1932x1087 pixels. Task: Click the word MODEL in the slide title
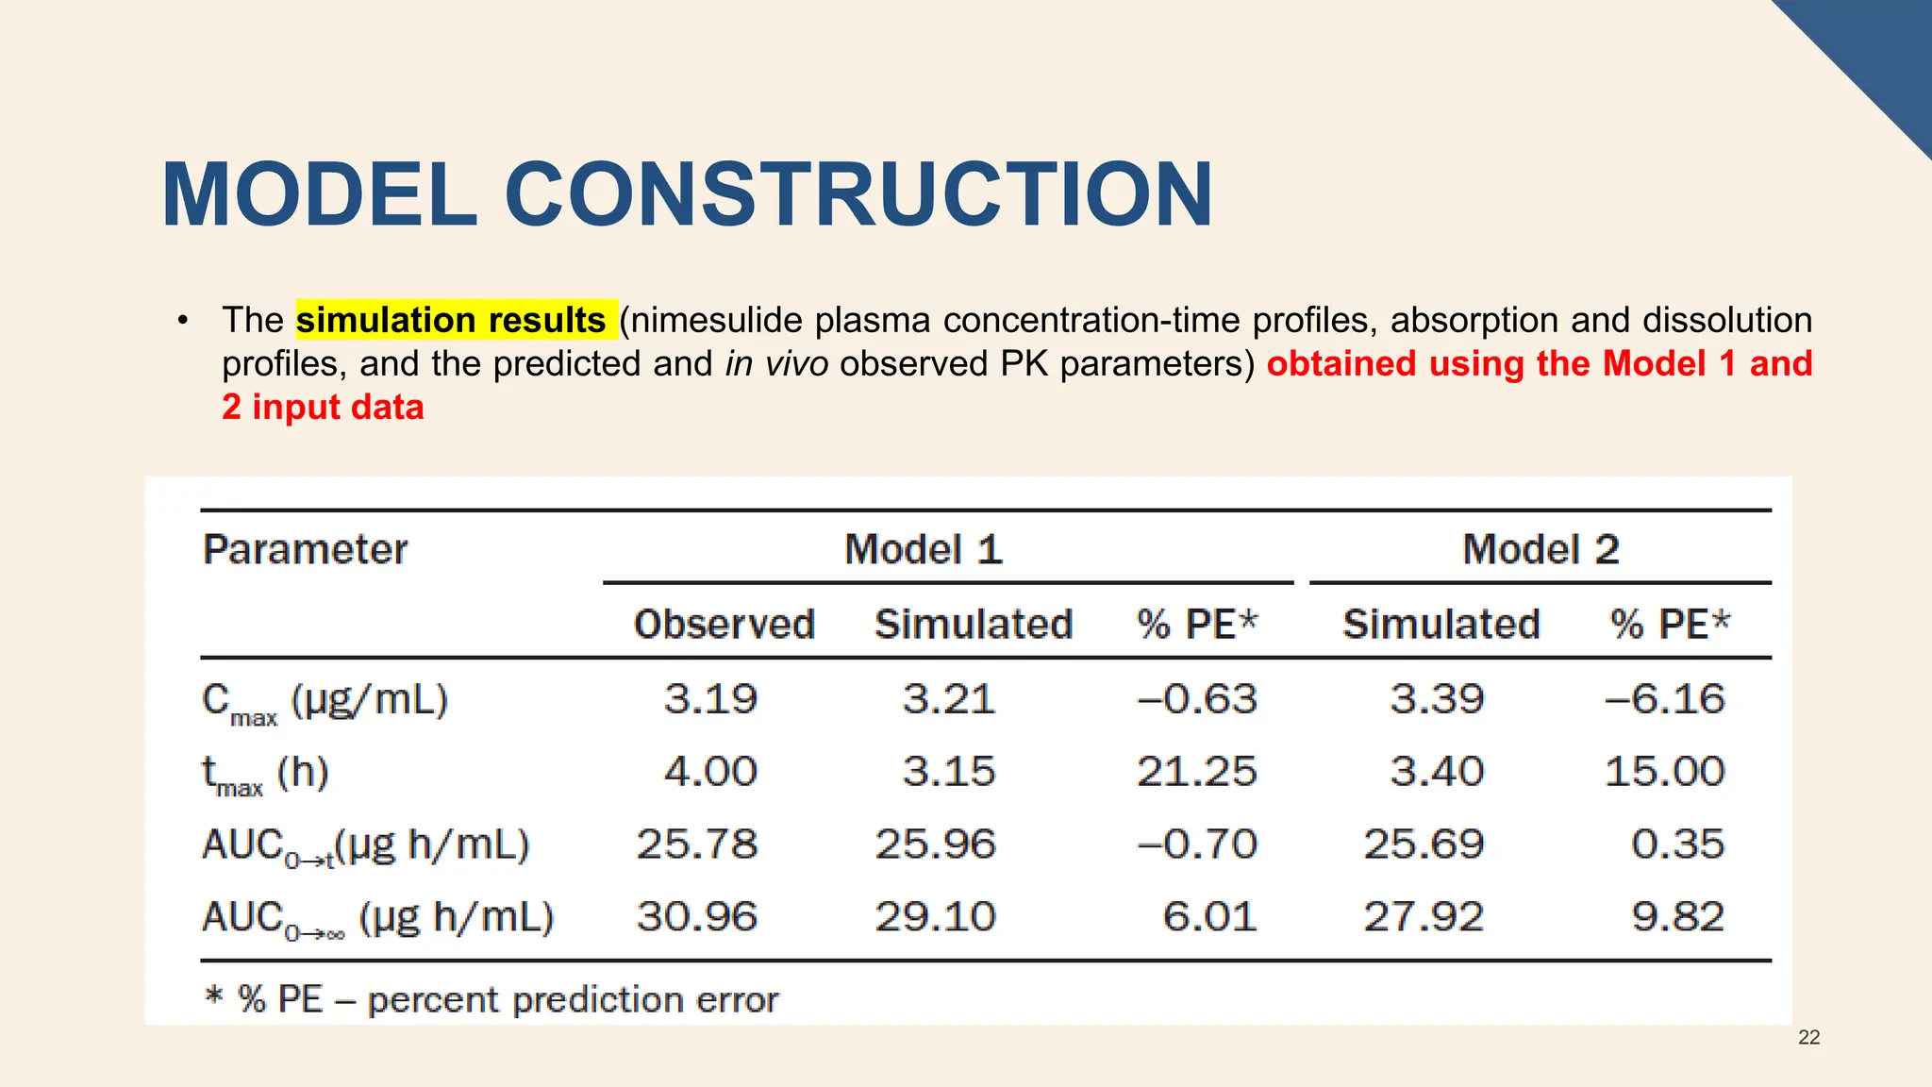pos(320,195)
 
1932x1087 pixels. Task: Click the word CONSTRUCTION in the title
pos(858,195)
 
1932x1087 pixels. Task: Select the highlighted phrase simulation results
pos(451,320)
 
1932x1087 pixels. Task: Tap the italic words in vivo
pos(776,363)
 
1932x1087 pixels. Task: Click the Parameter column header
pos(305,549)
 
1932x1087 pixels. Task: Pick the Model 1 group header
pos(923,549)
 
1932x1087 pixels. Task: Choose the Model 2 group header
pos(1540,549)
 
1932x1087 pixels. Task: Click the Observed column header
pos(724,624)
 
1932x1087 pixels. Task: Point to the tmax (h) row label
pos(265,775)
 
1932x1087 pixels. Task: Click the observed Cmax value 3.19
pos(710,699)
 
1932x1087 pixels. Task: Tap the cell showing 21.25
pos(1196,772)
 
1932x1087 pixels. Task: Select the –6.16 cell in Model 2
pos(1664,699)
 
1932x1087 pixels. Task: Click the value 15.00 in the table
pos(1664,772)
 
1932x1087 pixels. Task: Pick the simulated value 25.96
pos(935,844)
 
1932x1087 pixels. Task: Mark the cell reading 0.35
pos(1677,844)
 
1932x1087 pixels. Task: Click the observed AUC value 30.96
pos(696,916)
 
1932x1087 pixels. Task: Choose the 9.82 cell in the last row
pos(1677,916)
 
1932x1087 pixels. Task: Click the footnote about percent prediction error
pos(491,999)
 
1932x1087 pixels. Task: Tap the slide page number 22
pos(1808,1038)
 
